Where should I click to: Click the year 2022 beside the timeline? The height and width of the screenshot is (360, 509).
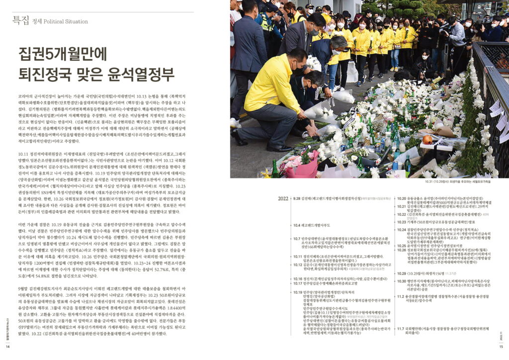(283, 198)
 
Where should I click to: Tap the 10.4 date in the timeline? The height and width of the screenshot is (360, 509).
(298, 225)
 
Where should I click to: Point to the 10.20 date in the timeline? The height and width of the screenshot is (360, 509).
(402, 198)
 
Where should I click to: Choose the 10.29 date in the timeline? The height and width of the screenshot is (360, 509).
(402, 273)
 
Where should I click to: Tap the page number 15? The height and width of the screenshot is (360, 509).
(502, 347)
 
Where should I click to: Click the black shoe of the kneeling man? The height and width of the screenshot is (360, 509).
(279, 148)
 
